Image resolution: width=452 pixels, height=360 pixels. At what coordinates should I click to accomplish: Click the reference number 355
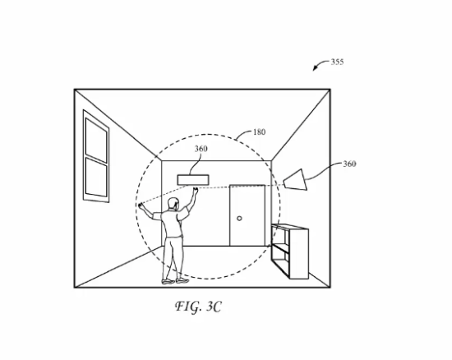pyautogui.click(x=337, y=62)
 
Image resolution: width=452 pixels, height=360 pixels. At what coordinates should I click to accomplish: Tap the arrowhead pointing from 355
pyautogui.click(x=316, y=68)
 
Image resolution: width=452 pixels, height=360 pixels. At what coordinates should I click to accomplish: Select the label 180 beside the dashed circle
pyautogui.click(x=259, y=132)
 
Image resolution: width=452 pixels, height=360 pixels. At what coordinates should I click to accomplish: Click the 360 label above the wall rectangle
pyautogui.click(x=201, y=149)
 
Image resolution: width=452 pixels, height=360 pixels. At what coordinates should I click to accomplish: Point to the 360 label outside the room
pyautogui.click(x=349, y=164)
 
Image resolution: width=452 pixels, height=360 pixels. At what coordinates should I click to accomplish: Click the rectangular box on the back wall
pyautogui.click(x=193, y=180)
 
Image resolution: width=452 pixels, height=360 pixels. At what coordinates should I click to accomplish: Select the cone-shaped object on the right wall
pyautogui.click(x=295, y=180)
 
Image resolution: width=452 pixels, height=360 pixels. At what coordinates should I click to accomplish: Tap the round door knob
pyautogui.click(x=239, y=219)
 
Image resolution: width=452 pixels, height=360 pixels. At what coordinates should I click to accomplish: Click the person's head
pyautogui.click(x=173, y=203)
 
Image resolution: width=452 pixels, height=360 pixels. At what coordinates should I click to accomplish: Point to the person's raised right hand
pyautogui.click(x=196, y=190)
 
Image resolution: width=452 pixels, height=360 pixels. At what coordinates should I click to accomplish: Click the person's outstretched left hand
pyautogui.click(x=141, y=205)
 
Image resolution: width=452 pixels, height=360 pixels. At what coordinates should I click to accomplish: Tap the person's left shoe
pyautogui.click(x=168, y=282)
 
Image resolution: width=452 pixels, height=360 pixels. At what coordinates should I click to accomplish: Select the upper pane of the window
pyautogui.click(x=96, y=141)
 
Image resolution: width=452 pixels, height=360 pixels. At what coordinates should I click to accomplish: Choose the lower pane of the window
pyautogui.click(x=96, y=178)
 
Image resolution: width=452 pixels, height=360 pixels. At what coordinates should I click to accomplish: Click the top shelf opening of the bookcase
pyautogui.click(x=279, y=236)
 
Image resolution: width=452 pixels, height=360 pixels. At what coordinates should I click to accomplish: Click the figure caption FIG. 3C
pyautogui.click(x=198, y=307)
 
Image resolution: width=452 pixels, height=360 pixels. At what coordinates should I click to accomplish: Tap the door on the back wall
pyautogui.click(x=247, y=215)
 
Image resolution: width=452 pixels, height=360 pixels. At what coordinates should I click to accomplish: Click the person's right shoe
pyautogui.click(x=182, y=280)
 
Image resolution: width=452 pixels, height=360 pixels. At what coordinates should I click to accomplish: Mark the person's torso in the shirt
pyautogui.click(x=172, y=224)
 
